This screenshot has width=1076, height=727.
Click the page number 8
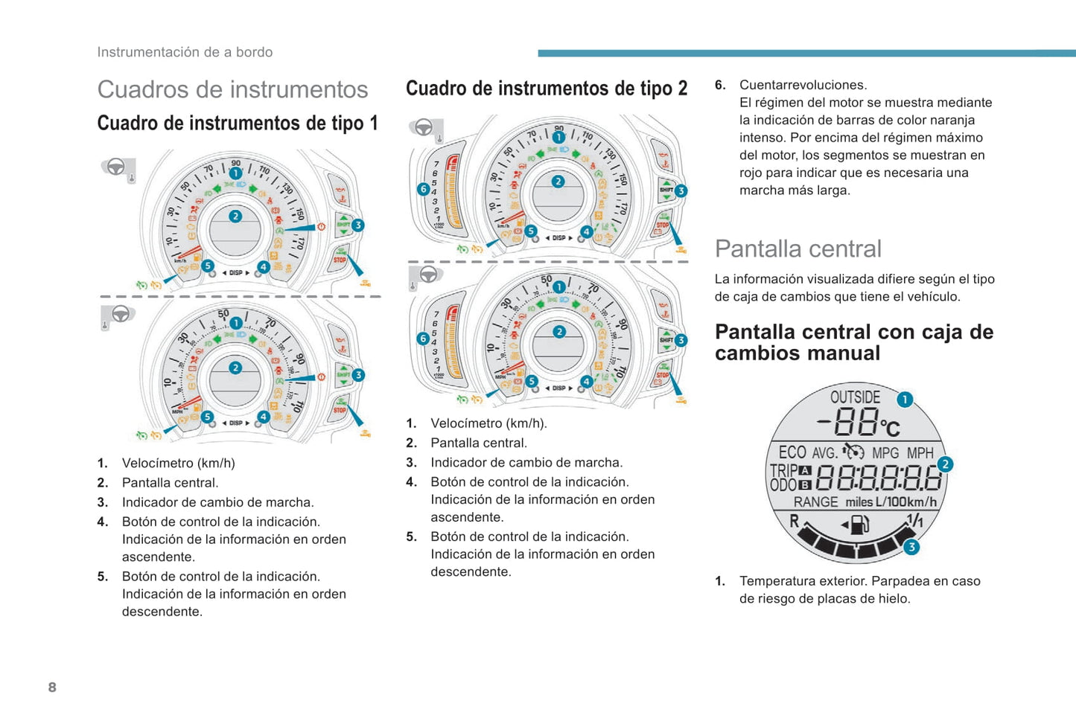52,687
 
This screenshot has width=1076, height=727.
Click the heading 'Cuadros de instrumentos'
232,89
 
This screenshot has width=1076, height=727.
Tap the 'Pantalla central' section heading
798,249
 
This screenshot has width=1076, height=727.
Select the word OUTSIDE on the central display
855,397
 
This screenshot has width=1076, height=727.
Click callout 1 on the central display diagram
904,400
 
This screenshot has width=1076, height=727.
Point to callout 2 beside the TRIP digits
945,464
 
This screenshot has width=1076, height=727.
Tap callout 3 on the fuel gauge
911,547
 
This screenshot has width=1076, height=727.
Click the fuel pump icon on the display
859,525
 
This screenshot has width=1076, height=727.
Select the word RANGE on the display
815,502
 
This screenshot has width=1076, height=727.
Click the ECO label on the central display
792,452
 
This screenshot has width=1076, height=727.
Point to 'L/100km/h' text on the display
906,502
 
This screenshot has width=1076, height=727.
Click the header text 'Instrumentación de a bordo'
185,52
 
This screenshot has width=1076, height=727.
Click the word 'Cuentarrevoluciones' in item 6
803,85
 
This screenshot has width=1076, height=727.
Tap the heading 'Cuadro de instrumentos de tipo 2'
547,89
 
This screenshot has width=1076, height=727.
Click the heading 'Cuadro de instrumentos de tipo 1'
238,123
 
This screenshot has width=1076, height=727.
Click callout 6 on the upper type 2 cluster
423,189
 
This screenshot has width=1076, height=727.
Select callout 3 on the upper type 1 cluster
358,225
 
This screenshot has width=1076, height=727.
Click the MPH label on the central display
920,453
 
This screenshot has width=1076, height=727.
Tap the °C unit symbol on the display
890,427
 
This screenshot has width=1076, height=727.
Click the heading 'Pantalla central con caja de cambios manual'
853,342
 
